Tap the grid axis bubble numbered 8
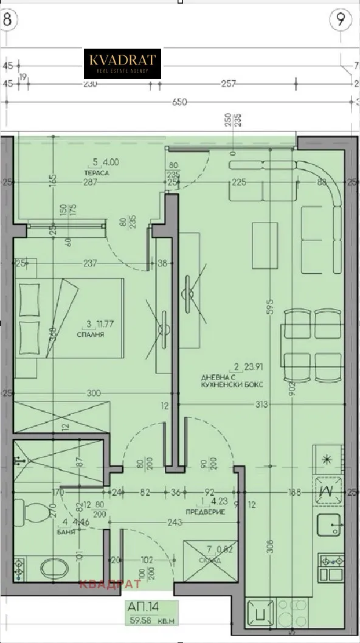pyautogui.click(x=7, y=18)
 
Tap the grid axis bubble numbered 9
pyautogui.click(x=341, y=19)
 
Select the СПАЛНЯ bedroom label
pyautogui.click(x=89, y=335)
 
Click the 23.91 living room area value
pyautogui.click(x=255, y=367)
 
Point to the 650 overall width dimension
pyautogui.click(x=179, y=102)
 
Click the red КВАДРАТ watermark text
pyautogui.click(x=109, y=585)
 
